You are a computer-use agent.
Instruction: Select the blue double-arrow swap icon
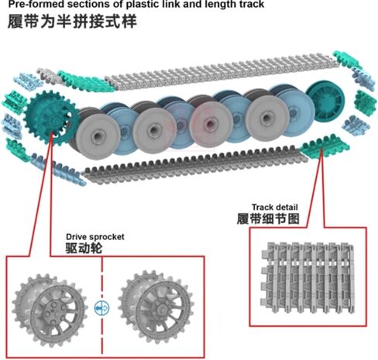click(101, 308)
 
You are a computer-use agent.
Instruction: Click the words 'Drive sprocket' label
click(95, 237)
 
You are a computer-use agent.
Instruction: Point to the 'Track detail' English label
click(275, 207)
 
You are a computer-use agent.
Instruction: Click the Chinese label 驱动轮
click(84, 249)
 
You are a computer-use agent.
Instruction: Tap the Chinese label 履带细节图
click(268, 219)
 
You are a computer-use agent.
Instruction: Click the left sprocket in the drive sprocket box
click(50, 307)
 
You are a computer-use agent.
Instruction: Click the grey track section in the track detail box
click(308, 277)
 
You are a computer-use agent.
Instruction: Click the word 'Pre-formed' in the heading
click(29, 5)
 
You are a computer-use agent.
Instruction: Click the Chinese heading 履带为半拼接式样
click(72, 21)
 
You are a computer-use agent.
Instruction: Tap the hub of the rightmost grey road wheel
click(267, 118)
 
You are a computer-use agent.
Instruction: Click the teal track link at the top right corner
click(345, 60)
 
